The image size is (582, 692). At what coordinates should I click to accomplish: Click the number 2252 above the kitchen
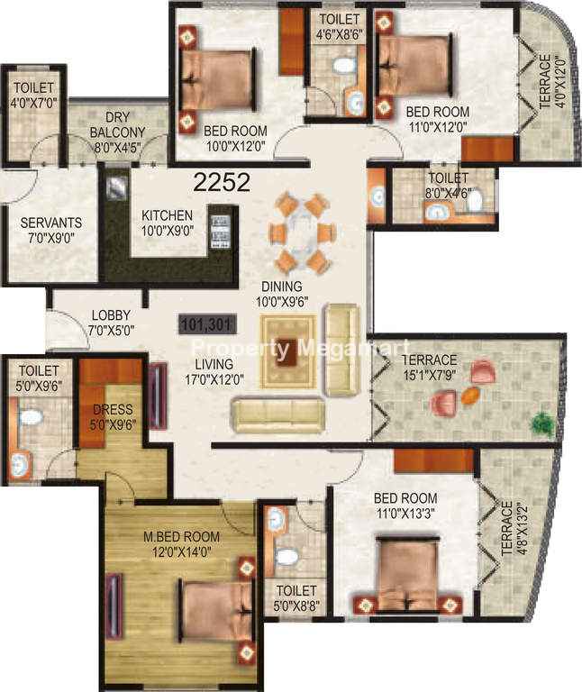click(222, 182)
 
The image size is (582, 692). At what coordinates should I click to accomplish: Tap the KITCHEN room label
click(168, 215)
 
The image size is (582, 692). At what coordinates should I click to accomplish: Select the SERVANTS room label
click(51, 223)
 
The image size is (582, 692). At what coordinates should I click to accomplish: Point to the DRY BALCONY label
click(117, 125)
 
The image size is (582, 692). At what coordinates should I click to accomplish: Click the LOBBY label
click(111, 315)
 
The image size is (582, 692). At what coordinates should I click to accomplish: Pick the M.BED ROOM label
click(181, 537)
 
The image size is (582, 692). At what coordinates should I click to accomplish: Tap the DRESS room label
click(113, 409)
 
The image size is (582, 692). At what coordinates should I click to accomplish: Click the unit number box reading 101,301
click(207, 324)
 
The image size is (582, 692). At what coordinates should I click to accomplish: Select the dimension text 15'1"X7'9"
click(430, 375)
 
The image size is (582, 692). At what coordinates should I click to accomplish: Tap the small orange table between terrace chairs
click(470, 396)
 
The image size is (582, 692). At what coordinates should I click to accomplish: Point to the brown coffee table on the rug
click(287, 351)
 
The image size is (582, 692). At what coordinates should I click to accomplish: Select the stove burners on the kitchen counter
click(220, 232)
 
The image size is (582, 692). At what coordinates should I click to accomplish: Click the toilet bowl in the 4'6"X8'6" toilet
click(344, 65)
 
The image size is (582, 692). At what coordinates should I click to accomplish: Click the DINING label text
click(282, 287)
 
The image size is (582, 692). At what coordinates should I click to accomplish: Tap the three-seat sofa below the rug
click(278, 414)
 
